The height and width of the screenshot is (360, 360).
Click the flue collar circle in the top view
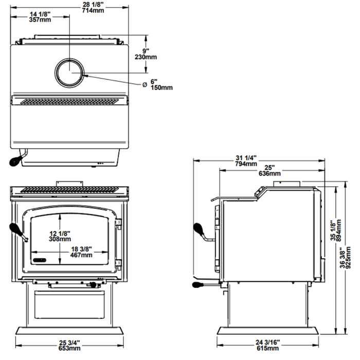pyautogui.click(x=68, y=71)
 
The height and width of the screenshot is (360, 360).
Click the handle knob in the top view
pyautogui.click(x=15, y=161)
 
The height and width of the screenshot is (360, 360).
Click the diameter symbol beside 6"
pyautogui.click(x=143, y=84)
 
